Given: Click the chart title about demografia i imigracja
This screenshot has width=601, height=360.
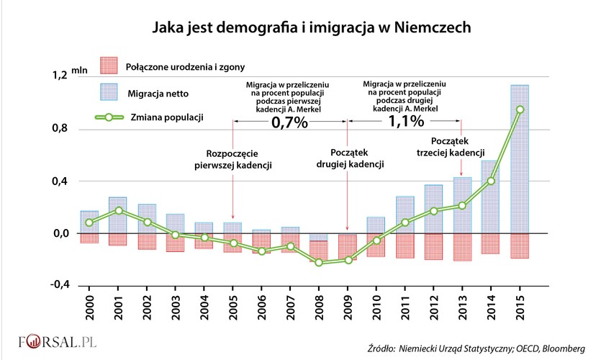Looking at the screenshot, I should click(311, 28).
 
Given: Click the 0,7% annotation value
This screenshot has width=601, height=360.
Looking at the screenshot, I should click(289, 122).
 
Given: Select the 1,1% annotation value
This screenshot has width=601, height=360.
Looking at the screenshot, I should click(406, 122).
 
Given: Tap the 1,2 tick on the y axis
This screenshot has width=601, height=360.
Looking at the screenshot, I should click(59, 75).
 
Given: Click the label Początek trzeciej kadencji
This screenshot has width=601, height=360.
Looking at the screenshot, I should click(451, 146).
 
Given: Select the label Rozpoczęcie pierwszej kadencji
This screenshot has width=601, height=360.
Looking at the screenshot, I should click(232, 160).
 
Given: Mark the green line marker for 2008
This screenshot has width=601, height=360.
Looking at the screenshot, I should click(319, 263).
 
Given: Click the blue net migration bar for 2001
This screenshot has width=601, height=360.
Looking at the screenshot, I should click(117, 215).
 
